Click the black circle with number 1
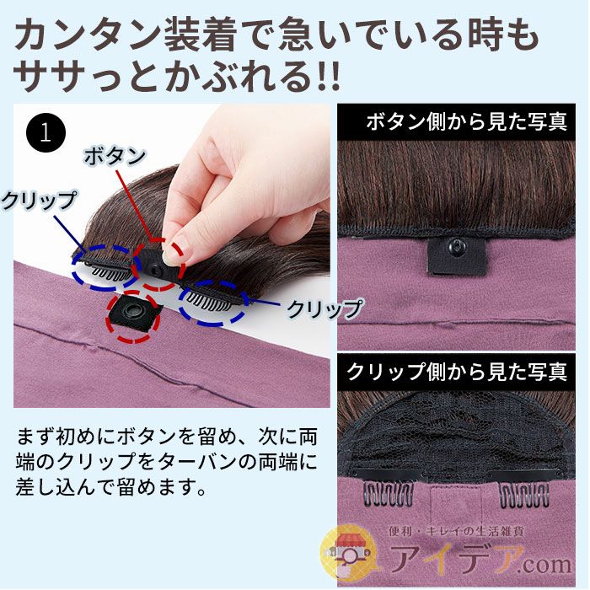coord(46,132)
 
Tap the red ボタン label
coord(115,156)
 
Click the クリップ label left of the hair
coord(39,201)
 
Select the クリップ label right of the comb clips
coord(324,308)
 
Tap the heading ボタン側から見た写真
coord(467,122)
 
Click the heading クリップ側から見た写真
coord(457,372)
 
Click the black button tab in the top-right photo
coord(457,255)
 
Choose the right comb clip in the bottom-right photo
coord(524,493)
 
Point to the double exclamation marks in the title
coord(329,76)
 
